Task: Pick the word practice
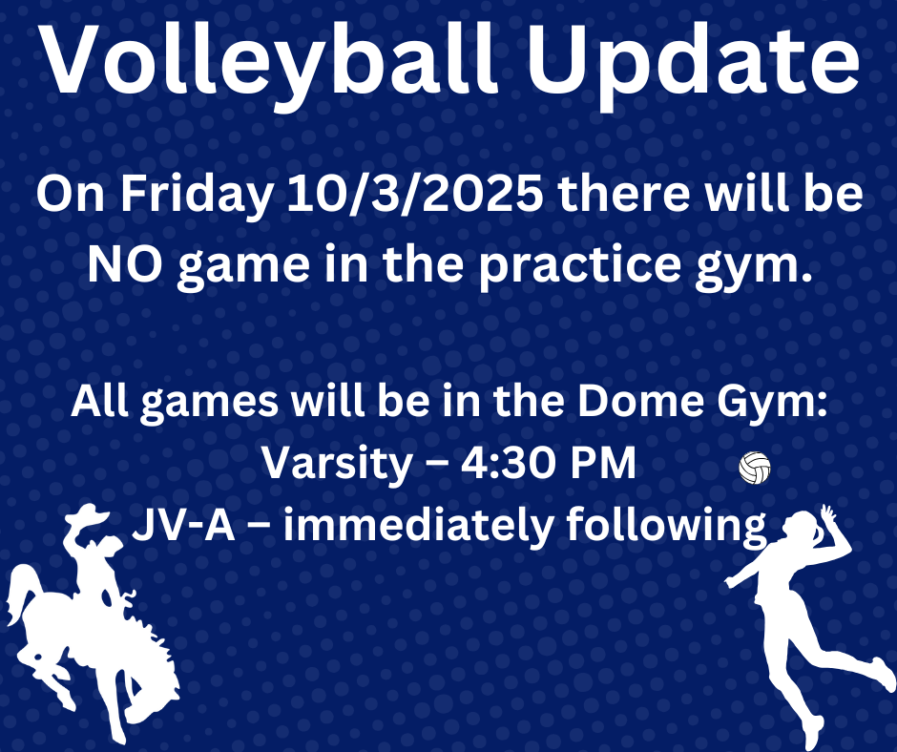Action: (579, 266)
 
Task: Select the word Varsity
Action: (337, 463)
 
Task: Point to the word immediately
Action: (418, 527)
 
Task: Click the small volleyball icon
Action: (755, 468)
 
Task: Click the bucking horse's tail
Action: (22, 593)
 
